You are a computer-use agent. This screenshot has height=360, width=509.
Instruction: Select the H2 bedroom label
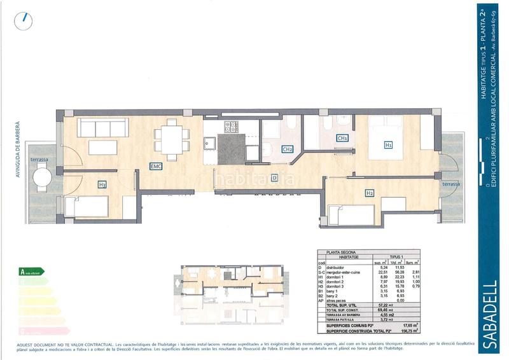coord(369,193)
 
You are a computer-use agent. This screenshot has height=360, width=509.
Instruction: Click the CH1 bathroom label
coord(342,138)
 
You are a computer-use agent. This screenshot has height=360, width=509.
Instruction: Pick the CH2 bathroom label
coord(288,149)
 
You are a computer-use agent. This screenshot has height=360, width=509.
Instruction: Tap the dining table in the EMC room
coord(172,136)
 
